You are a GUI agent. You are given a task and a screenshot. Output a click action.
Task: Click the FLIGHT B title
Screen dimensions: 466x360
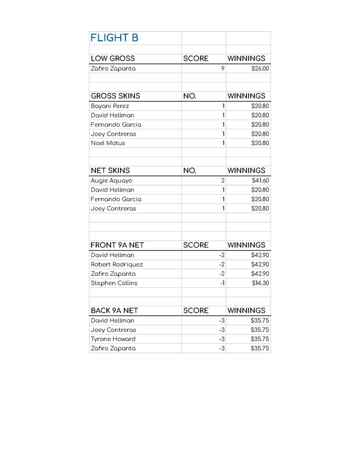(x=115, y=38)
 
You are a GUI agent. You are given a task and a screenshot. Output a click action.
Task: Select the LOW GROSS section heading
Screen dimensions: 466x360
(x=113, y=59)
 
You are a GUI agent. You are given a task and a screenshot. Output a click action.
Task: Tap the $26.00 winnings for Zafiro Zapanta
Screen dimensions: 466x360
(x=260, y=69)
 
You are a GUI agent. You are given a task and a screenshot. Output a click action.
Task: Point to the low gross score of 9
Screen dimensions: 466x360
(x=223, y=69)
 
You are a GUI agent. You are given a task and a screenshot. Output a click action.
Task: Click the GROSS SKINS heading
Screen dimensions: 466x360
(x=116, y=96)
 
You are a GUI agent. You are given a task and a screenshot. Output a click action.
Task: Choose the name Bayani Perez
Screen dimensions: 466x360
(x=110, y=106)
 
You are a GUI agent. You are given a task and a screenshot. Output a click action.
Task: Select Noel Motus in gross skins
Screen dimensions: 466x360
(x=108, y=143)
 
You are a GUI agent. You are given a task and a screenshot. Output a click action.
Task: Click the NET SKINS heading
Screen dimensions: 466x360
(x=110, y=171)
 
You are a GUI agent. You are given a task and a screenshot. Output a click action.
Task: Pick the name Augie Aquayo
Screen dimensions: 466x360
(x=112, y=181)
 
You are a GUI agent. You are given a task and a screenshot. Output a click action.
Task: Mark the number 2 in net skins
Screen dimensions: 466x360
(x=223, y=181)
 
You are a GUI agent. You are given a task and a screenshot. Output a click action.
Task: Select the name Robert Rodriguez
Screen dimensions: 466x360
(x=117, y=264)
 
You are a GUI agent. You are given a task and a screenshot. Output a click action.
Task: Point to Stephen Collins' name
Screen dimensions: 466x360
(x=114, y=283)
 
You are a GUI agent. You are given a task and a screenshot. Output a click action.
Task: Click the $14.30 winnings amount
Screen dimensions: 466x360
(x=261, y=283)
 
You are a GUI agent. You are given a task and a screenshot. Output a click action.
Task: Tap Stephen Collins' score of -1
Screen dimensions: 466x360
(x=222, y=283)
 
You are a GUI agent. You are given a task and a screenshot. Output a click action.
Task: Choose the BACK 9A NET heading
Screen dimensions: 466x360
(x=114, y=311)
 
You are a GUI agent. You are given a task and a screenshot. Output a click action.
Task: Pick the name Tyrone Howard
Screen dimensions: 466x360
(x=113, y=339)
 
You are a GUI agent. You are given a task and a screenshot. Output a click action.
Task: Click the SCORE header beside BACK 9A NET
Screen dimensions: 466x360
(x=196, y=311)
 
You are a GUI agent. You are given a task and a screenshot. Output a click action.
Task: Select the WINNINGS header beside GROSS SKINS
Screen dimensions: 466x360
(x=246, y=96)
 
